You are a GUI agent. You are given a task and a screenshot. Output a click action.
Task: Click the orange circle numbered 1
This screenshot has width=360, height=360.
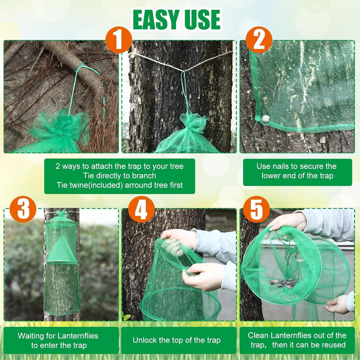[118, 40]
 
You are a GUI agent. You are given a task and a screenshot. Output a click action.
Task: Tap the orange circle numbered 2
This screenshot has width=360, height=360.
[259, 40]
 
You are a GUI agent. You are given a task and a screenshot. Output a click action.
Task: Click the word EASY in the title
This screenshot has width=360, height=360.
[156, 20]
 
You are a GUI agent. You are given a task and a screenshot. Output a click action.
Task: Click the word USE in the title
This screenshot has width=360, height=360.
[202, 20]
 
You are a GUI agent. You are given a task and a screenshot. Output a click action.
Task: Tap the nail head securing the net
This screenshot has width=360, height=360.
[266, 119]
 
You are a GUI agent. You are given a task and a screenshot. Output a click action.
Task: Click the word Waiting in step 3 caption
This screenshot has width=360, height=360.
[31, 335]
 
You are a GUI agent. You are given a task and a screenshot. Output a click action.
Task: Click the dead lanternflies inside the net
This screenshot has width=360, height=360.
[284, 283]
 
